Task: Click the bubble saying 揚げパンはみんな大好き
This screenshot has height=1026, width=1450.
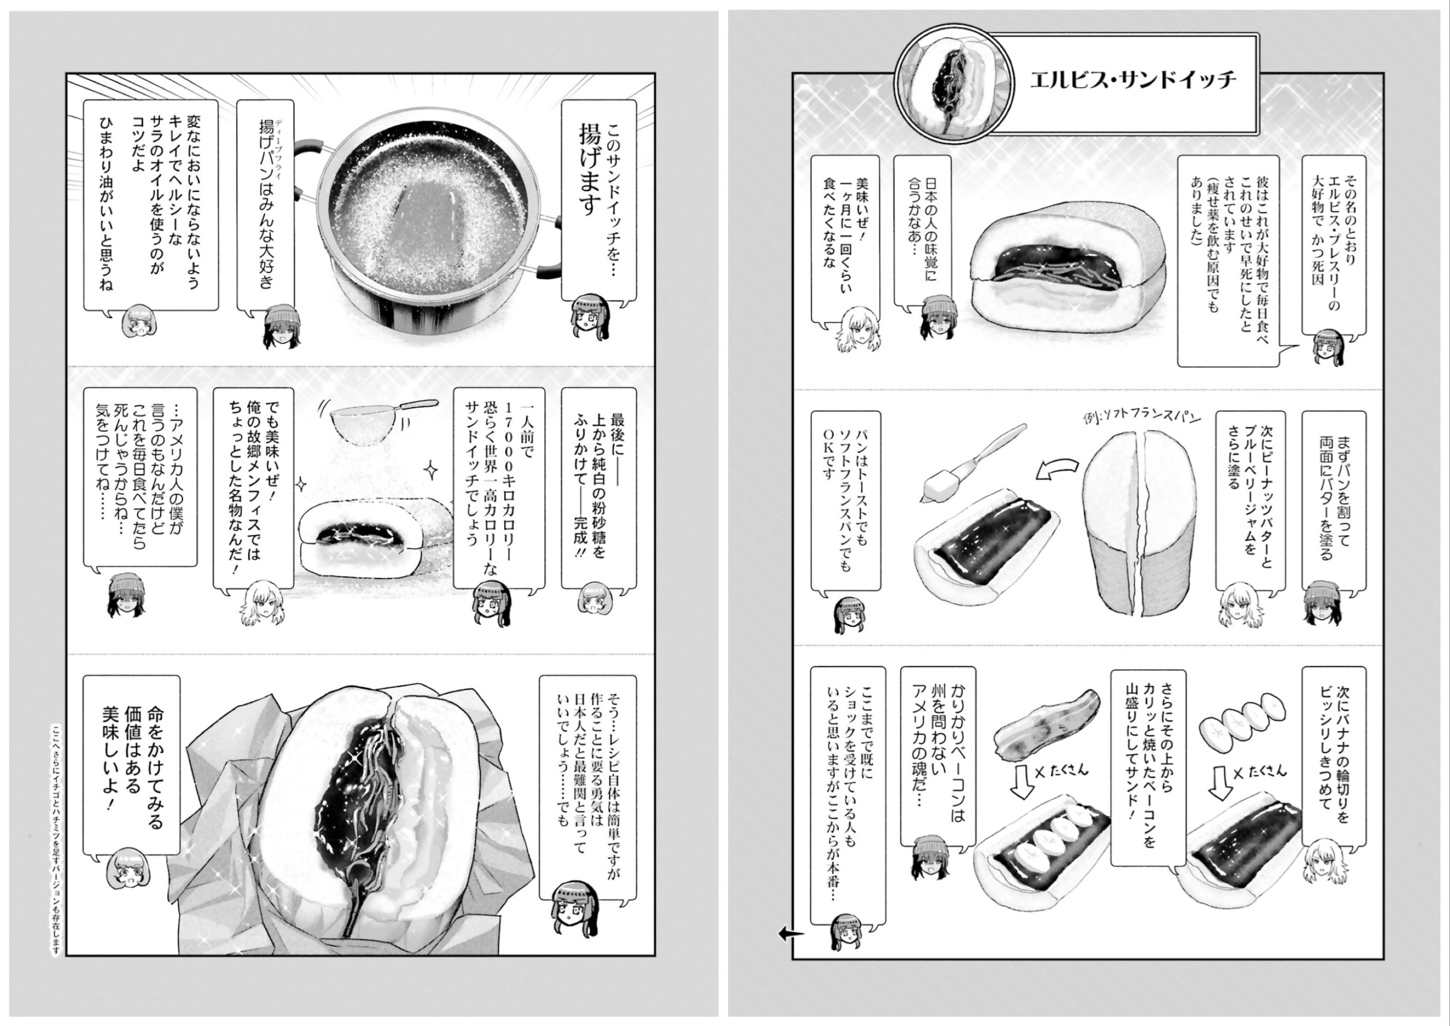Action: [x=265, y=205]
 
